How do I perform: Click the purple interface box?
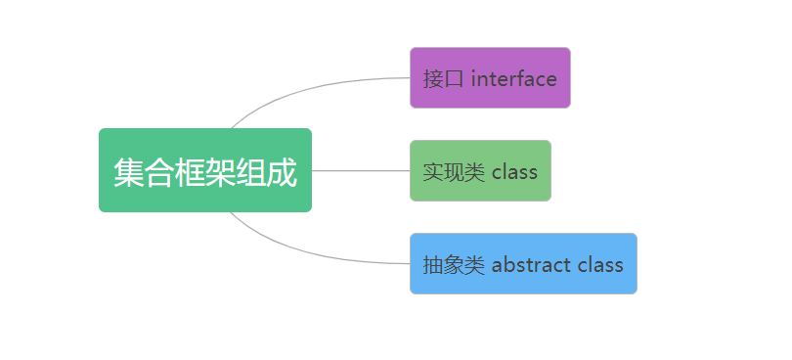[x=490, y=78]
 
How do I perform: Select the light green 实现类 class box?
[x=480, y=171]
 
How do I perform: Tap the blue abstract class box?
[x=523, y=263]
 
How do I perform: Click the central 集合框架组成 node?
[x=205, y=170]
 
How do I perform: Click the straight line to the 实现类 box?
[x=361, y=171]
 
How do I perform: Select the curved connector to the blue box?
[x=308, y=251]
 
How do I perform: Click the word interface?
[x=513, y=79]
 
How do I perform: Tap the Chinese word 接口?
[x=443, y=79]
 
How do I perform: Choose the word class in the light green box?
[x=514, y=172]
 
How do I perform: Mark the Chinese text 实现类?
[x=454, y=172]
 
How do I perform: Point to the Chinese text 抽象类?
[x=454, y=265]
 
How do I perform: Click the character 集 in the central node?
[x=129, y=172]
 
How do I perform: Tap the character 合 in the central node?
[x=159, y=172]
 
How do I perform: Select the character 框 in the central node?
[x=190, y=172]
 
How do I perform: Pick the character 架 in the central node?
[x=221, y=172]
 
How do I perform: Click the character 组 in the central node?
[x=251, y=172]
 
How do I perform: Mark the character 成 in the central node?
[x=282, y=172]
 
